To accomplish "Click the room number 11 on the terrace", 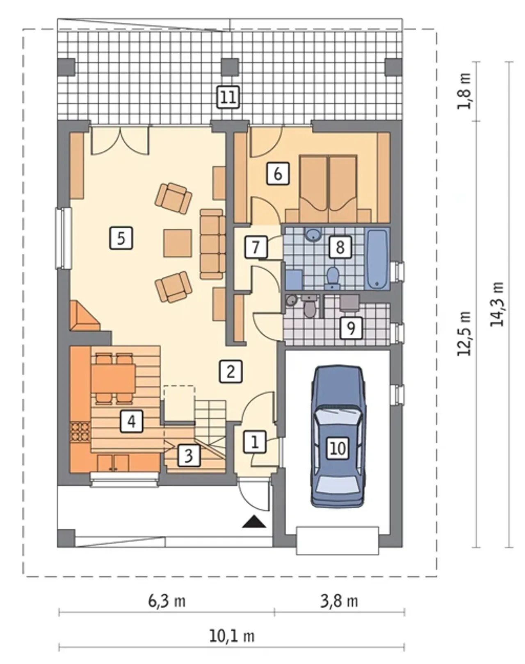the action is tap(228, 97).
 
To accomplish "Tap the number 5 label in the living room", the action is tap(121, 238).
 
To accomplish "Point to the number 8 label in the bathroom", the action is tap(340, 247).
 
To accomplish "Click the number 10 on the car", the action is tap(338, 448).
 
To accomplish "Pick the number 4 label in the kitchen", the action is tap(132, 421).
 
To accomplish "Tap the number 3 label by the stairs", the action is tap(189, 455).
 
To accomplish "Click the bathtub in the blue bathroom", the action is tap(377, 259).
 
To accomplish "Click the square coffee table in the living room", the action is tap(178, 243).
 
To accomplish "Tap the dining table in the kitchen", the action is tap(113, 379).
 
